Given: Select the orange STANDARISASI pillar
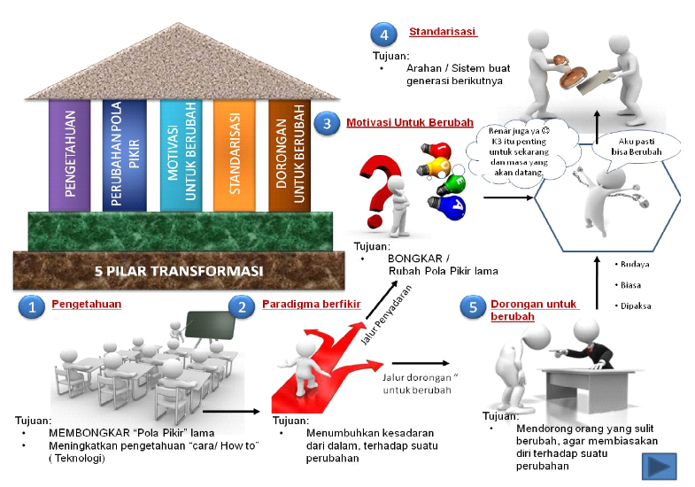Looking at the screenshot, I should pos(234,156).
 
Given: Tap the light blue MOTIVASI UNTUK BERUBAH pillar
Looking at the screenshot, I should pos(181,156).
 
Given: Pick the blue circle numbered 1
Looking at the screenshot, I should pos(32,307).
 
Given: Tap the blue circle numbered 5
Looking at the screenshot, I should pos(473,307).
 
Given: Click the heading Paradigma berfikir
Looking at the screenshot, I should pos(298,305).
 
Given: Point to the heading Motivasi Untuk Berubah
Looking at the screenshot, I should pos(410,122).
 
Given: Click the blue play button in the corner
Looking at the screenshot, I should pos(659,466).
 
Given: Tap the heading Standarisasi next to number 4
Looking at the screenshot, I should pos(443,33).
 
